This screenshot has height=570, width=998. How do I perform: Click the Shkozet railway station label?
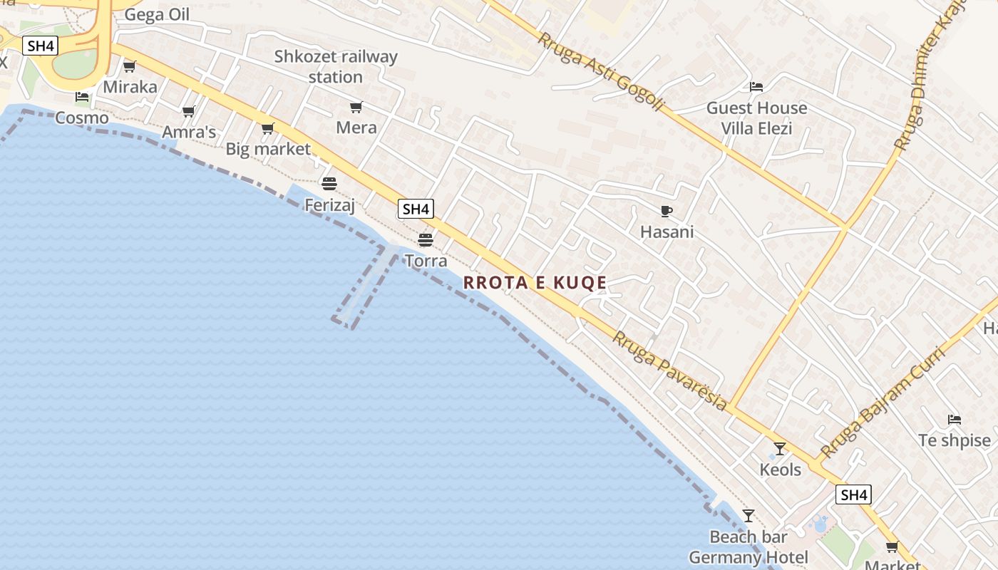[336, 66]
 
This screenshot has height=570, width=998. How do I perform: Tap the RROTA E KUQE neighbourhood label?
[535, 283]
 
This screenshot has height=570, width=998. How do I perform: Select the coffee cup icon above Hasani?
[666, 211]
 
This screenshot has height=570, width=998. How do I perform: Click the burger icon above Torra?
[426, 239]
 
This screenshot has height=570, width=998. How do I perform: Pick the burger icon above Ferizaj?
[329, 184]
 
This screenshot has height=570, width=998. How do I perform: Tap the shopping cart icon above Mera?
[356, 108]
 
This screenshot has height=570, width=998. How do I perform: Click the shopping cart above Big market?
[267, 129]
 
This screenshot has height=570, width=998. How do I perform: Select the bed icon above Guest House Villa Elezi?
[756, 87]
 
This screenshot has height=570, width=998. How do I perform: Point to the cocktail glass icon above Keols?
[780, 449]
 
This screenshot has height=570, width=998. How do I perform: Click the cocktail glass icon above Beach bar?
[748, 515]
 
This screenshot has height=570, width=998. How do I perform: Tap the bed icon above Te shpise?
[954, 419]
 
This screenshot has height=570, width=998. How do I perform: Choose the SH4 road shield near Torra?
[416, 209]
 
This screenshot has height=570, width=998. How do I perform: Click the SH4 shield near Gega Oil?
[40, 46]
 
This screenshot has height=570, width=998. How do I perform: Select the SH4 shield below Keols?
[853, 495]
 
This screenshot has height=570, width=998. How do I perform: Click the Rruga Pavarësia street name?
[670, 370]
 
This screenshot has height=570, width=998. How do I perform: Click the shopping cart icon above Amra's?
[188, 111]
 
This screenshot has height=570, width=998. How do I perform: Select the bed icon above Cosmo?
[82, 97]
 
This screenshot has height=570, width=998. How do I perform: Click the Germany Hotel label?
[748, 557]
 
